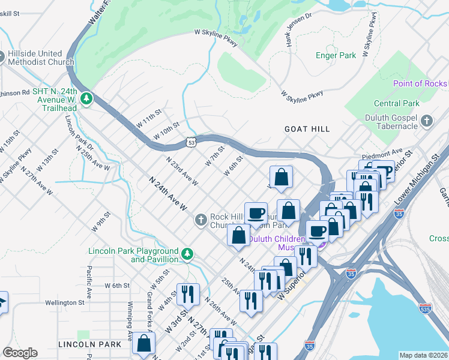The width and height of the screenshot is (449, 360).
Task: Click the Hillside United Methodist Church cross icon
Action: point(2,58)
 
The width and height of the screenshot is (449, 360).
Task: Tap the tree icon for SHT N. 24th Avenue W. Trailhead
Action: point(88,97)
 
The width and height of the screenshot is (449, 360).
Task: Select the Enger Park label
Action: point(336,55)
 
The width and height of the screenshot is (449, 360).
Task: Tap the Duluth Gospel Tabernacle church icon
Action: point(427,122)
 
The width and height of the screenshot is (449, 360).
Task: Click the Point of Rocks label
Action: point(420,83)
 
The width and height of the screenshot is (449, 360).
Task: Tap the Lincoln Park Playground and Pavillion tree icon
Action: point(187,254)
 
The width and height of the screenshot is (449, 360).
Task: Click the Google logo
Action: point(20,353)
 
